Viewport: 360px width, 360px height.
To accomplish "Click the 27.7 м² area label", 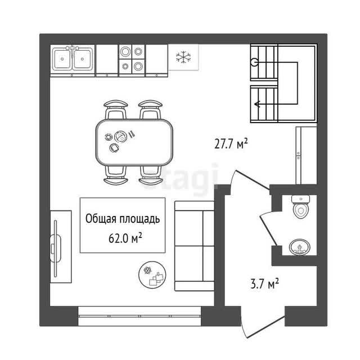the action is coord(231,144).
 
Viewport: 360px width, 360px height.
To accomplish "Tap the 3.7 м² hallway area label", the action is coord(264,283).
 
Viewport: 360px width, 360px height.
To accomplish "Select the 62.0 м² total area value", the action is coord(125,238).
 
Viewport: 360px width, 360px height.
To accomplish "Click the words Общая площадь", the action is coord(123,219).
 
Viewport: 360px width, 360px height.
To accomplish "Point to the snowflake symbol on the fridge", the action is coord(183,57).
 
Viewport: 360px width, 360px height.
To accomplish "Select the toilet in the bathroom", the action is coord(300,206).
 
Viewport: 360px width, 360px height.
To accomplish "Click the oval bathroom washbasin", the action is coord(299,247).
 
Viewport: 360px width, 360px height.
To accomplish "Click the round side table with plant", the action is coord(152,274).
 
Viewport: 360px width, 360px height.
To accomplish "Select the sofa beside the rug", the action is coord(195,246).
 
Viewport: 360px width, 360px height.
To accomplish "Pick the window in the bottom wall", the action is coord(139,316).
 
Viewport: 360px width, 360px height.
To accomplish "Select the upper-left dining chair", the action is coord(116,109).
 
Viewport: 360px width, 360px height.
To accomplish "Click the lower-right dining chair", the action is coord(151,175).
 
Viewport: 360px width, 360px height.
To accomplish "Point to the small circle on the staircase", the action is coord(254,62).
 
